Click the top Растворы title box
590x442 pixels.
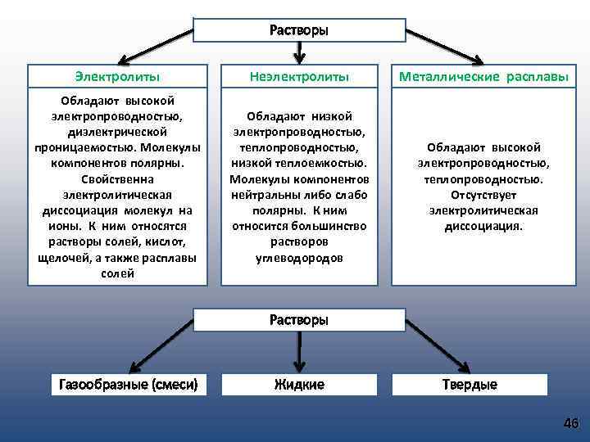coord(299,30)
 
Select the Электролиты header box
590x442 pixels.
coord(117,76)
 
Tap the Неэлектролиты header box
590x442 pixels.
coord(299,76)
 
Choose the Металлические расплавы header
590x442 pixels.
coord(483,76)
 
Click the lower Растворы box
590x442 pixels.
coord(299,320)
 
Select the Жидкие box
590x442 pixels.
coord(299,384)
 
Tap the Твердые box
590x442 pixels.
coord(470,384)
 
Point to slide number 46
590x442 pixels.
coord(570,423)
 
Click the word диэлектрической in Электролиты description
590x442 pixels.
coord(117,131)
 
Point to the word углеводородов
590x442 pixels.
coord(299,258)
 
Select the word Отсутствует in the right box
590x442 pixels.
coord(483,194)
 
